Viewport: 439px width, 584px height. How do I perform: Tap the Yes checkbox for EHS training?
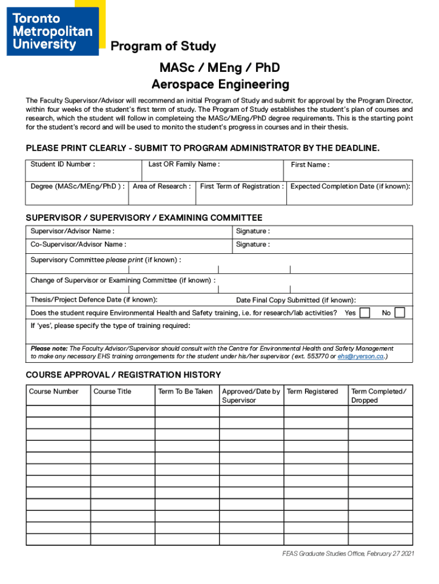coord(365,313)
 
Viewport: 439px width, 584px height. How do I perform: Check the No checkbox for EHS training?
coord(400,313)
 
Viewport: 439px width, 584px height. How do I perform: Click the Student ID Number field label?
coord(63,164)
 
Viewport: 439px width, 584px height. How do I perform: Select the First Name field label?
coord(310,165)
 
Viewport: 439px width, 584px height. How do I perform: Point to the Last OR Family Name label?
coord(184,164)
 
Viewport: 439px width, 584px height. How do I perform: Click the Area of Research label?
coord(162,186)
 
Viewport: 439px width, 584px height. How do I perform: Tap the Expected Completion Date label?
coord(350,186)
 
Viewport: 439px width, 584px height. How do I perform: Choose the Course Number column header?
coord(54,391)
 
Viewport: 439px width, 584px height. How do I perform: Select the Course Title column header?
coord(112,391)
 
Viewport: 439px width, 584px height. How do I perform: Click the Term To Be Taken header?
coord(185,391)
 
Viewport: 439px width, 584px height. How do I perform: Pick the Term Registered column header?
coord(312,391)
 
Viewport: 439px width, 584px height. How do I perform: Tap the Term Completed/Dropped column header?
coord(379,396)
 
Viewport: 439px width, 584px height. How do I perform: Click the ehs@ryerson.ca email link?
coord(360,356)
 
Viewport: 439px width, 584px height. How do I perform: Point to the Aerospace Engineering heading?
coord(220,85)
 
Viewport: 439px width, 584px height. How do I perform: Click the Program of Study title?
coord(163,46)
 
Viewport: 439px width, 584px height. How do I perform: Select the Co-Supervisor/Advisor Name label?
coord(79,245)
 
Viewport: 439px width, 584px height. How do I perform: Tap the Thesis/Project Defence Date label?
coord(94,299)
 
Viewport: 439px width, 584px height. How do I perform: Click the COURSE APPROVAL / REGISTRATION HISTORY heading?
coord(123,375)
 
